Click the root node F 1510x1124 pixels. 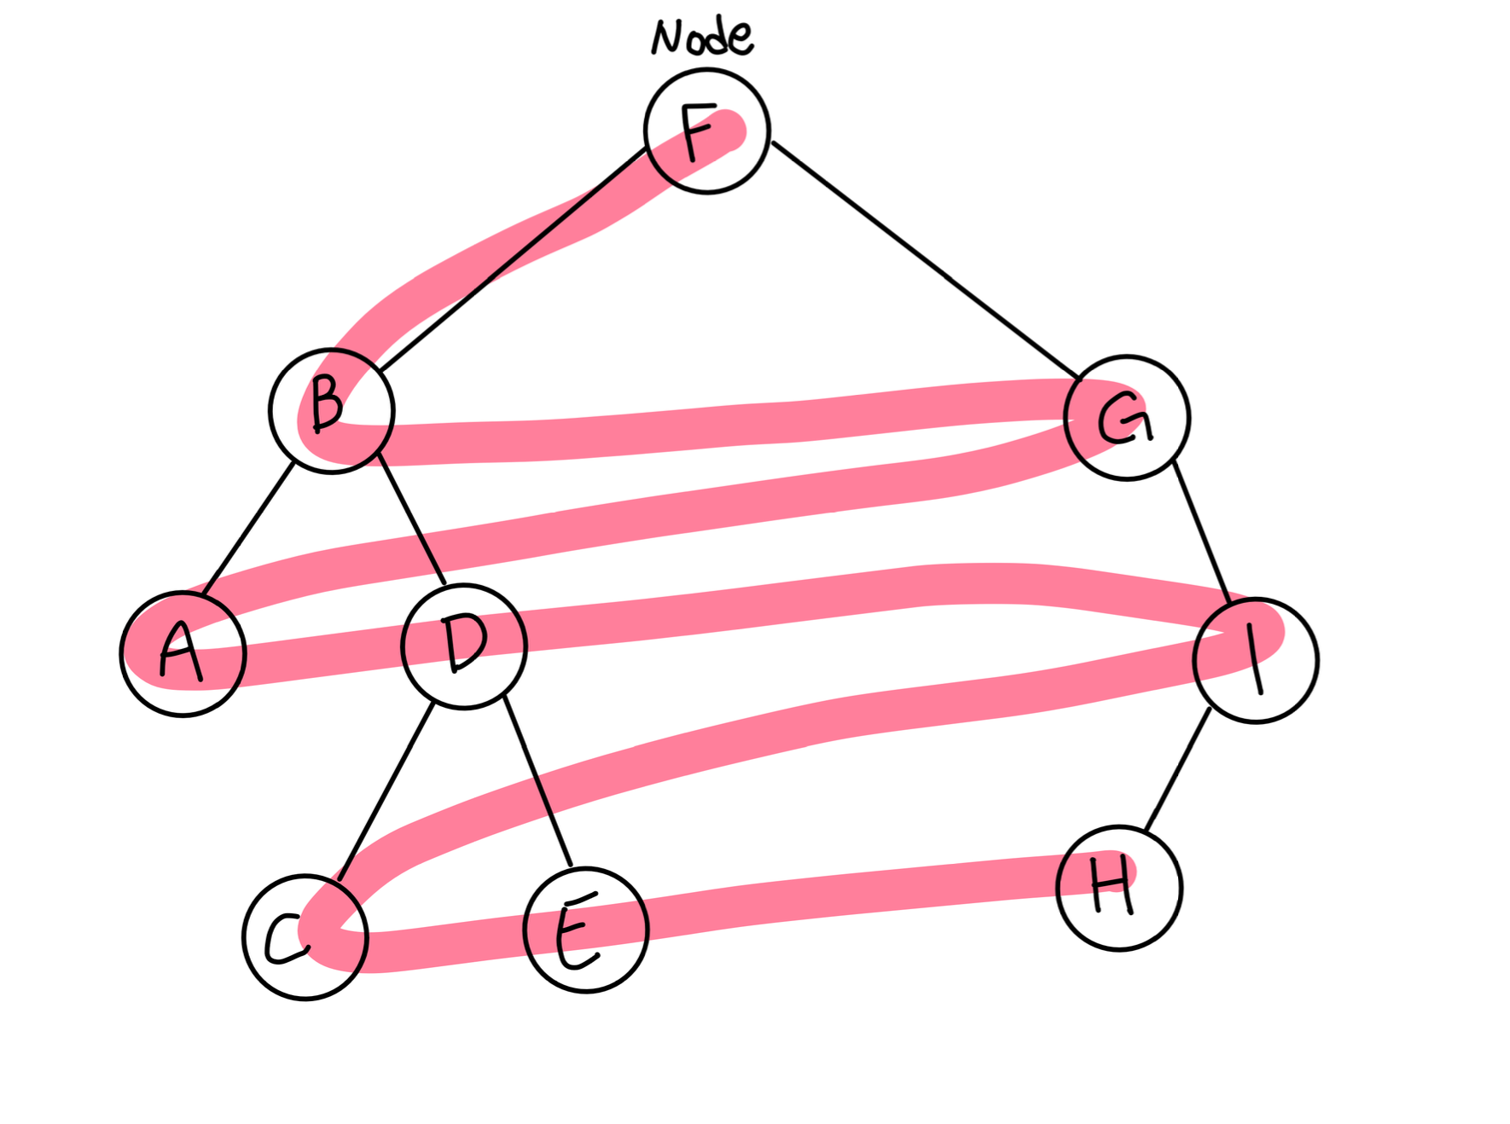click(x=706, y=131)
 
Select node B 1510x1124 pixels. click(x=331, y=410)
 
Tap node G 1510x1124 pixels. click(x=1126, y=418)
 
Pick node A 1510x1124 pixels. click(x=183, y=654)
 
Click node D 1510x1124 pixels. click(x=464, y=646)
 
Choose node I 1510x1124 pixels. click(x=1255, y=660)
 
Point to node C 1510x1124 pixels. click(x=305, y=936)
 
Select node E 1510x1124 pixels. click(x=586, y=930)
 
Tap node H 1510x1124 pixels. click(x=1118, y=888)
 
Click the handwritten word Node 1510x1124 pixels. click(x=701, y=37)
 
